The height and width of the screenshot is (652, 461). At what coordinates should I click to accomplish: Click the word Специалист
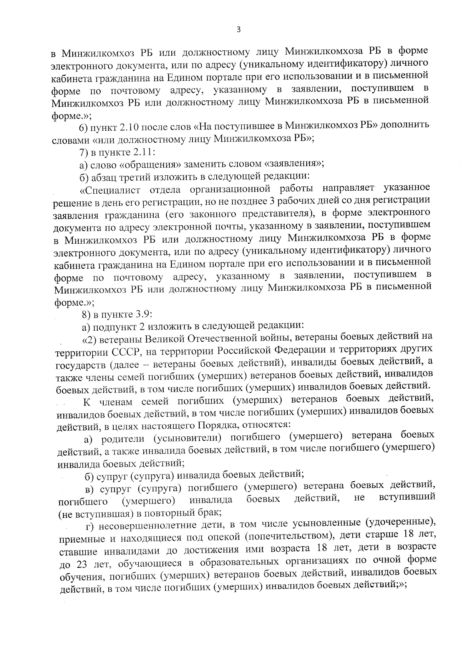(112, 190)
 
